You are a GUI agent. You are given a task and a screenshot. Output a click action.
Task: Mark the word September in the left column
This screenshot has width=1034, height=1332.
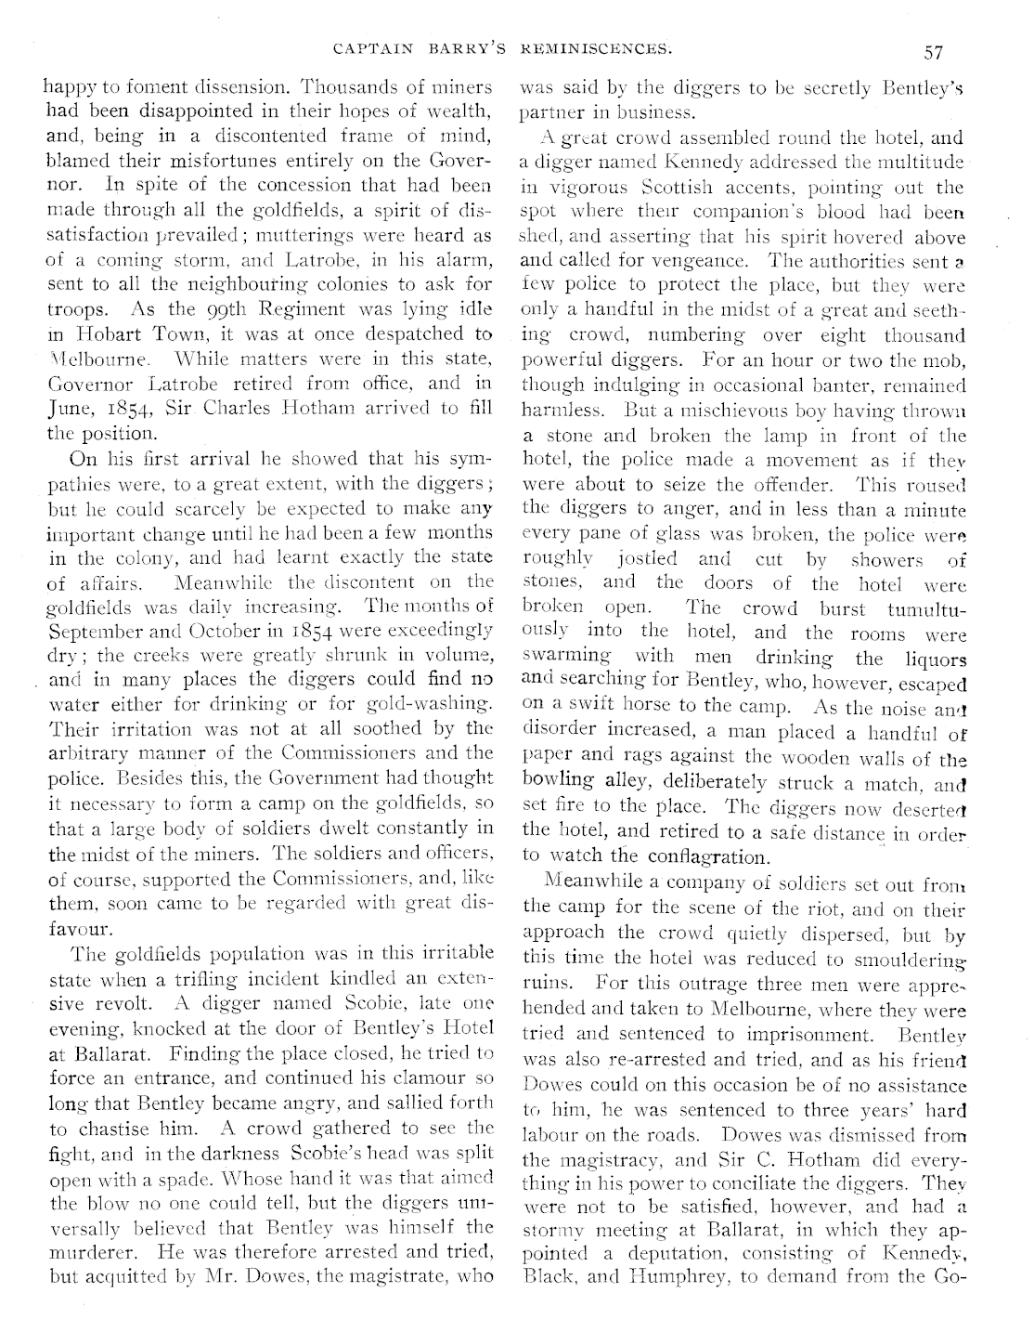(86, 632)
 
